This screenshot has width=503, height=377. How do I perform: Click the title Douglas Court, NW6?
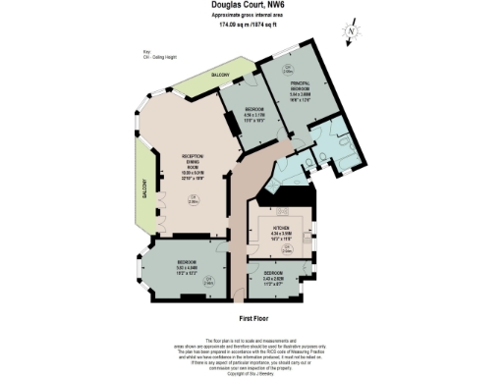click(x=251, y=5)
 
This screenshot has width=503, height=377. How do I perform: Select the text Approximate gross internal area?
click(x=251, y=16)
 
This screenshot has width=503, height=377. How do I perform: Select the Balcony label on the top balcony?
click(x=223, y=76)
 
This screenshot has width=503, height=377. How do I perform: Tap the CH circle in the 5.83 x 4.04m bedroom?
click(x=209, y=282)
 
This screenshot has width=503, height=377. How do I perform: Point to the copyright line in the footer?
click(x=251, y=374)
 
